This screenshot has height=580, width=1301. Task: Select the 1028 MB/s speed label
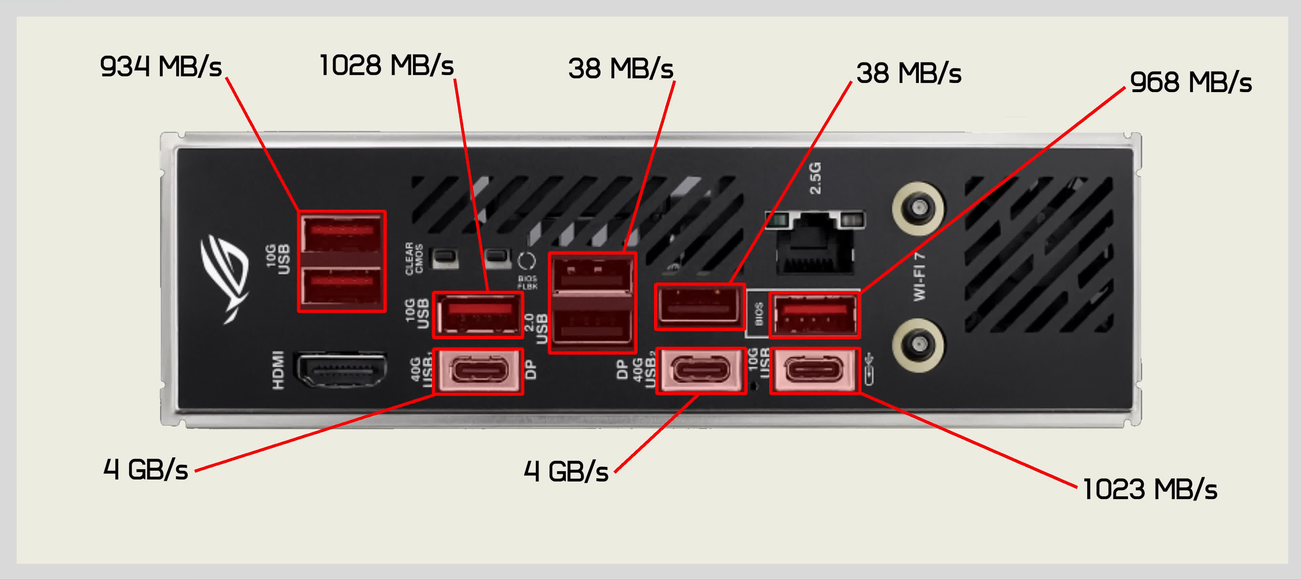point(386,66)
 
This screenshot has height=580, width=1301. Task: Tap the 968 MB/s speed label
point(1191,82)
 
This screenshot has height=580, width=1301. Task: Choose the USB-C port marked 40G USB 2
point(701,370)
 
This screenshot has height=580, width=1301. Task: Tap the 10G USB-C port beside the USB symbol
point(814,370)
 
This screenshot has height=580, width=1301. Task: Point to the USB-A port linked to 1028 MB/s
point(478,315)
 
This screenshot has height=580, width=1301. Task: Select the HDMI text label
point(278,370)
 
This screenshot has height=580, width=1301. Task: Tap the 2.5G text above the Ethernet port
point(815,178)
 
